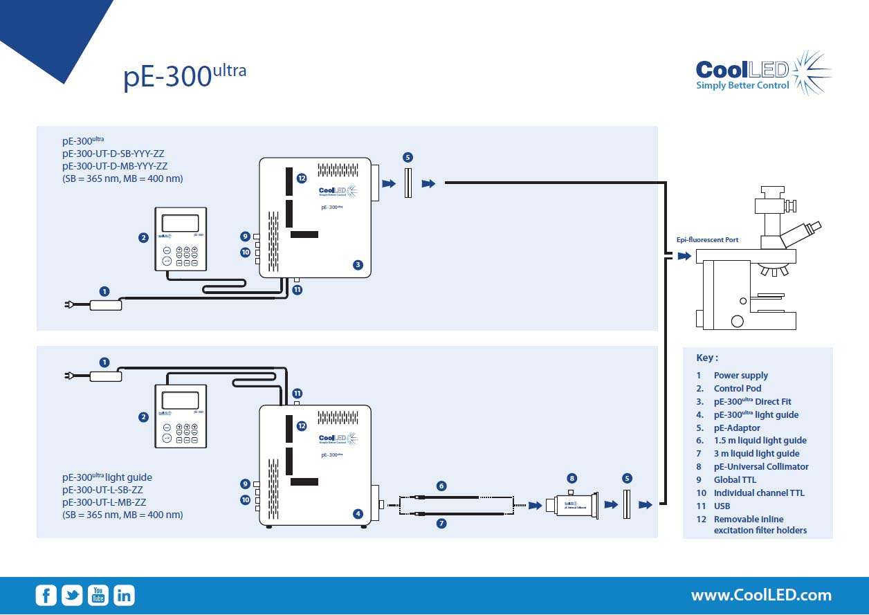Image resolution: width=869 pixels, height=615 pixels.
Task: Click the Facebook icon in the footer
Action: (x=46, y=595)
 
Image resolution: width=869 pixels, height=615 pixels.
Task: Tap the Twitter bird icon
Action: (x=72, y=595)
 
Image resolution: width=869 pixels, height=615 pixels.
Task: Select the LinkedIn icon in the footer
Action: (x=124, y=595)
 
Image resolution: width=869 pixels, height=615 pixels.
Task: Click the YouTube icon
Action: (x=98, y=595)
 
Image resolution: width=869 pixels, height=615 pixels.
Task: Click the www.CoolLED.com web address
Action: (x=761, y=595)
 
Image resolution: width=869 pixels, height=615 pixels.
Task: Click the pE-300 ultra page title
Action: (x=185, y=76)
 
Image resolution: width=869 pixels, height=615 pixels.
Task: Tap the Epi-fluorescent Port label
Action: (x=707, y=240)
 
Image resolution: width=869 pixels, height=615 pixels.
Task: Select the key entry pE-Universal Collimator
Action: (x=761, y=467)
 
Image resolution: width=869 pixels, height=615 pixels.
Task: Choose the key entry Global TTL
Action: (x=735, y=480)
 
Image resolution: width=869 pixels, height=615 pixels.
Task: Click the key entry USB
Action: (x=722, y=506)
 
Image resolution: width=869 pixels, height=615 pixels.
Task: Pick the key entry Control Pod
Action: (x=738, y=389)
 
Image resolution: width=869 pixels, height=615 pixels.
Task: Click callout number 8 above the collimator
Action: (x=571, y=478)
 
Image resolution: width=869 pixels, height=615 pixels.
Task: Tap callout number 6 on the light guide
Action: (x=441, y=486)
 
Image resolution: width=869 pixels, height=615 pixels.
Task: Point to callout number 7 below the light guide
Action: (x=441, y=524)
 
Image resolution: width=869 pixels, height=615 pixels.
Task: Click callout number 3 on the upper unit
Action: (x=358, y=265)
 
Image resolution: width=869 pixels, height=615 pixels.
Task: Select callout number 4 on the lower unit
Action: (x=358, y=514)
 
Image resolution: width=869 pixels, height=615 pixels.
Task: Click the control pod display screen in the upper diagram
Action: (x=180, y=223)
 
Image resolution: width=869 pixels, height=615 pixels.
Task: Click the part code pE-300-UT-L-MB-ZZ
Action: (x=104, y=502)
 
